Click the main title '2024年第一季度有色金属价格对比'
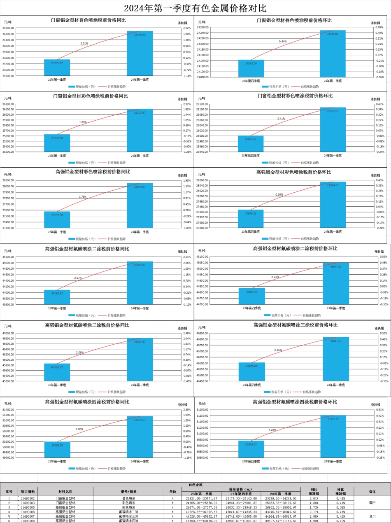195,8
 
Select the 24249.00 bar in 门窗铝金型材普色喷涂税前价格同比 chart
140,54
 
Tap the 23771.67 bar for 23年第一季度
57,68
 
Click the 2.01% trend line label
84,43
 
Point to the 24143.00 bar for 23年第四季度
251,68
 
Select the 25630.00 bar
57,143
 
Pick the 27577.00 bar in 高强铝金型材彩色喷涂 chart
57,219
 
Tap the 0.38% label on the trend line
279,194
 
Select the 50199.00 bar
57,449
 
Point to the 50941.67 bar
251,449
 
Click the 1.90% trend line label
79,429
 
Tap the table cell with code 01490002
28,498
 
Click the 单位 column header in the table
172,491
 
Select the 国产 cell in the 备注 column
372,503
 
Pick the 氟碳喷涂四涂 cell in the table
128,521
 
